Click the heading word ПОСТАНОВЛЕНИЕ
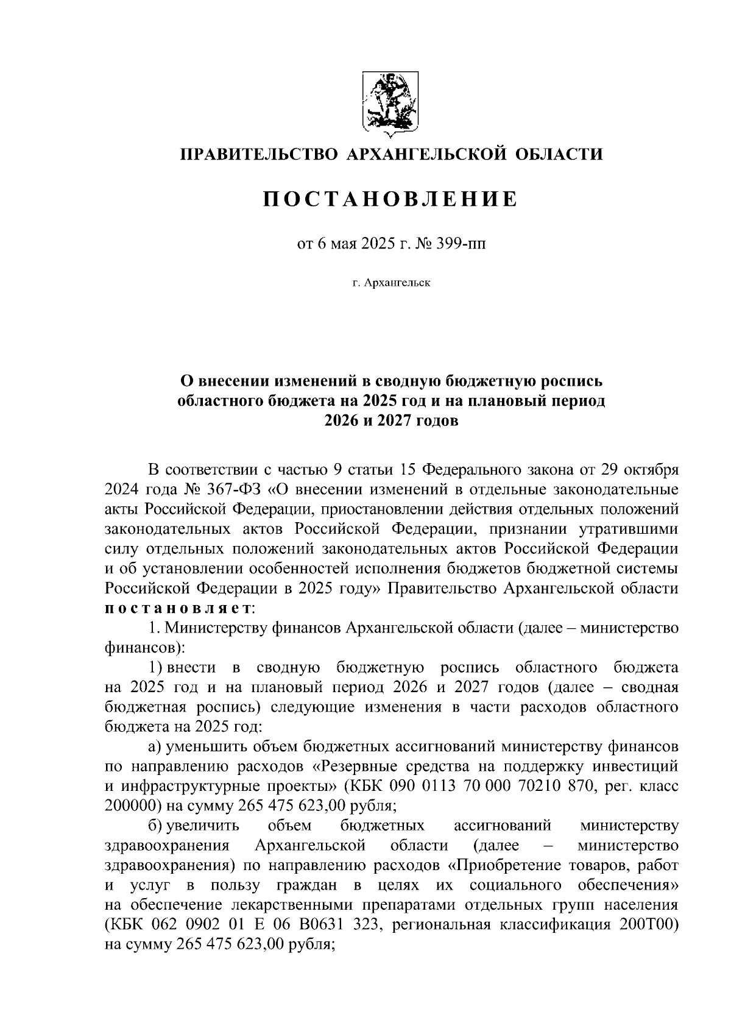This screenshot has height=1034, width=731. click(x=390, y=199)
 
